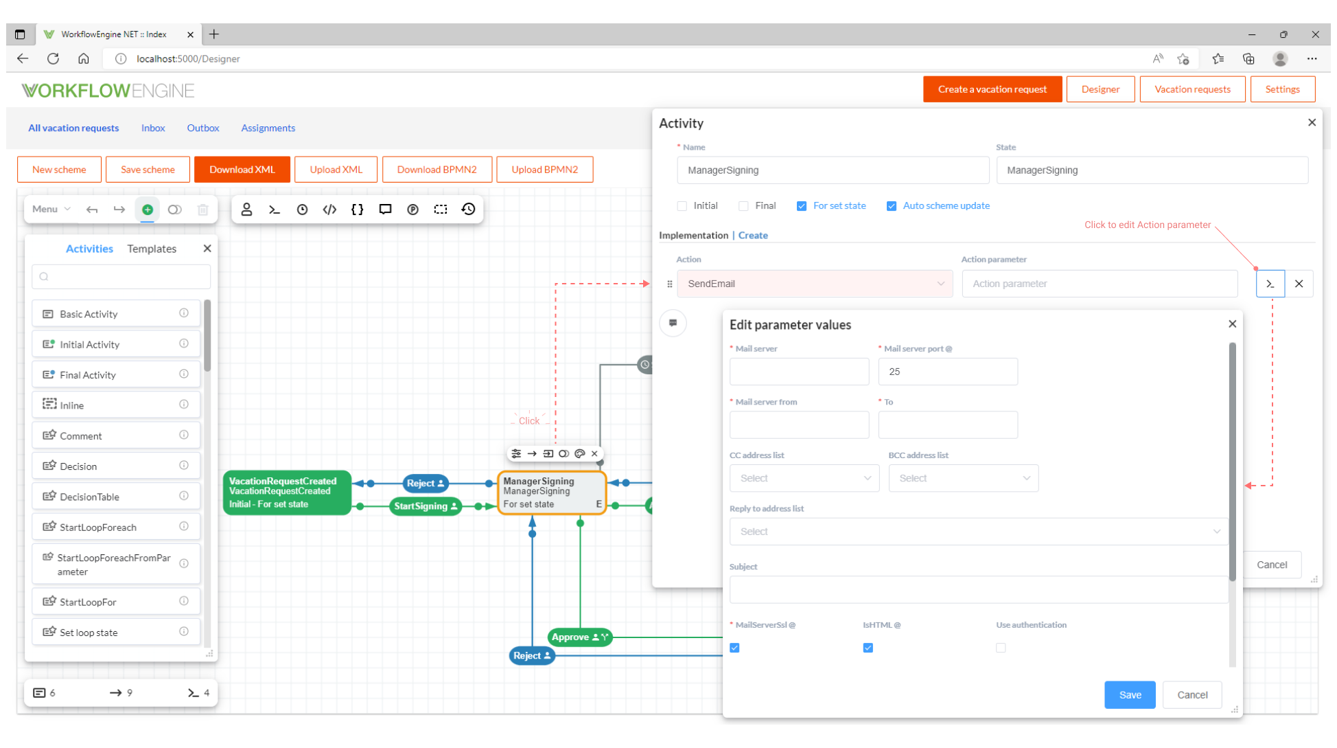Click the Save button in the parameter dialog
click(1129, 694)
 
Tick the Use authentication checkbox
click(1001, 648)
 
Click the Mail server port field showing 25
click(947, 372)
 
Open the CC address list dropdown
click(804, 478)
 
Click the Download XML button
click(242, 170)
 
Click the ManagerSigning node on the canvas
click(551, 492)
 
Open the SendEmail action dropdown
click(814, 284)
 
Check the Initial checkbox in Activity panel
click(682, 206)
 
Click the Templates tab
click(152, 249)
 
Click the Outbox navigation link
click(202, 128)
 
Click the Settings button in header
click(1281, 89)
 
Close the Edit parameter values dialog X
click(1232, 324)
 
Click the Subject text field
click(977, 589)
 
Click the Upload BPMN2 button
click(544, 170)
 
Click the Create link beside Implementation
click(753, 235)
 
